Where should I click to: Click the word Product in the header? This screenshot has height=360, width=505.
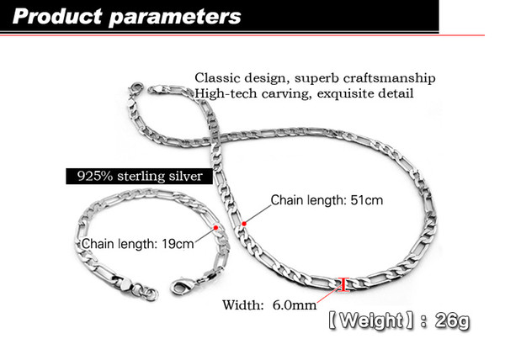[x=57, y=16]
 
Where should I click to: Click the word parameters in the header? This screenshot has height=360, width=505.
[x=175, y=18]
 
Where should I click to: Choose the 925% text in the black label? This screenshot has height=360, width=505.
[x=95, y=176]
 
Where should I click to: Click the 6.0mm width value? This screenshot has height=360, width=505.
[x=295, y=305]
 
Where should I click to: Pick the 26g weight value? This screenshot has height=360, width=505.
[x=452, y=320]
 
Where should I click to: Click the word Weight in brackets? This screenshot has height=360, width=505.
[x=371, y=320]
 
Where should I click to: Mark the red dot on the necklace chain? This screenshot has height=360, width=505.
[x=244, y=224]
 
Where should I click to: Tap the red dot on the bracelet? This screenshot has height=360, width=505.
[x=215, y=227]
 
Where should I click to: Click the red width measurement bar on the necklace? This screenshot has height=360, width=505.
[x=345, y=284]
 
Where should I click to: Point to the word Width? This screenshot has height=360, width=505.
[x=243, y=305]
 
